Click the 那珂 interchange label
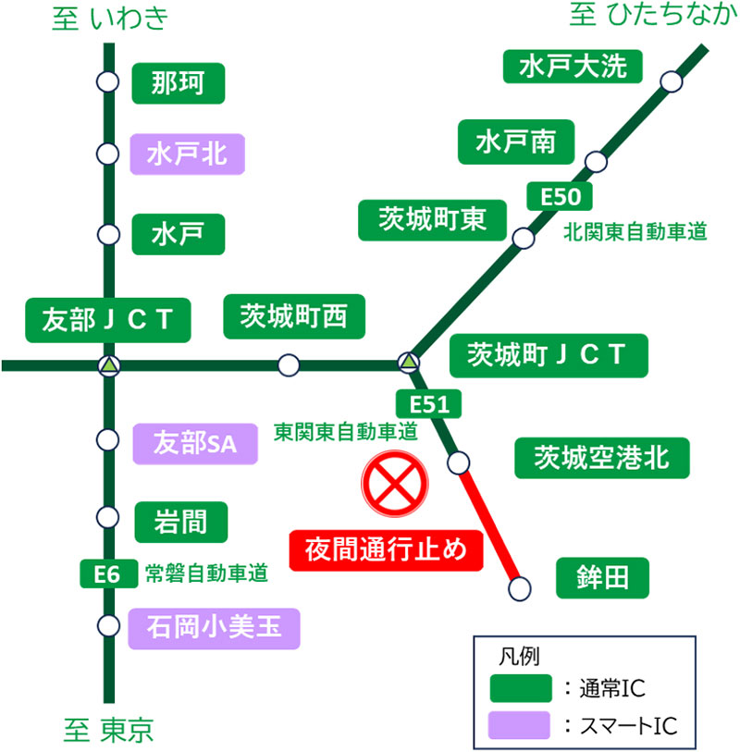[179, 83]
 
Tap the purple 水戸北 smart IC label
[188, 154]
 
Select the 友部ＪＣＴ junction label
[108, 320]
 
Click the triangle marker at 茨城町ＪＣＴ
[409, 362]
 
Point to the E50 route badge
[560, 196]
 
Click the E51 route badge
[429, 404]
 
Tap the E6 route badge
[108, 573]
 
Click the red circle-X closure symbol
[395, 484]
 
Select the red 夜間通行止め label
[386, 550]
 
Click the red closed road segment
[489, 525]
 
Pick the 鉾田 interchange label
[602, 578]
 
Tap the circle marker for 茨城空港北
[458, 462]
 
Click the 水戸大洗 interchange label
[573, 67]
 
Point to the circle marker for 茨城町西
[289, 365]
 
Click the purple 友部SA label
[195, 444]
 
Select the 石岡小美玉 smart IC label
[214, 629]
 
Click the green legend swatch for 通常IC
[521, 688]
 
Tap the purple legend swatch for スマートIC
[519, 725]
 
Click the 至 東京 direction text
[108, 730]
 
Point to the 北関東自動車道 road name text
[635, 231]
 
